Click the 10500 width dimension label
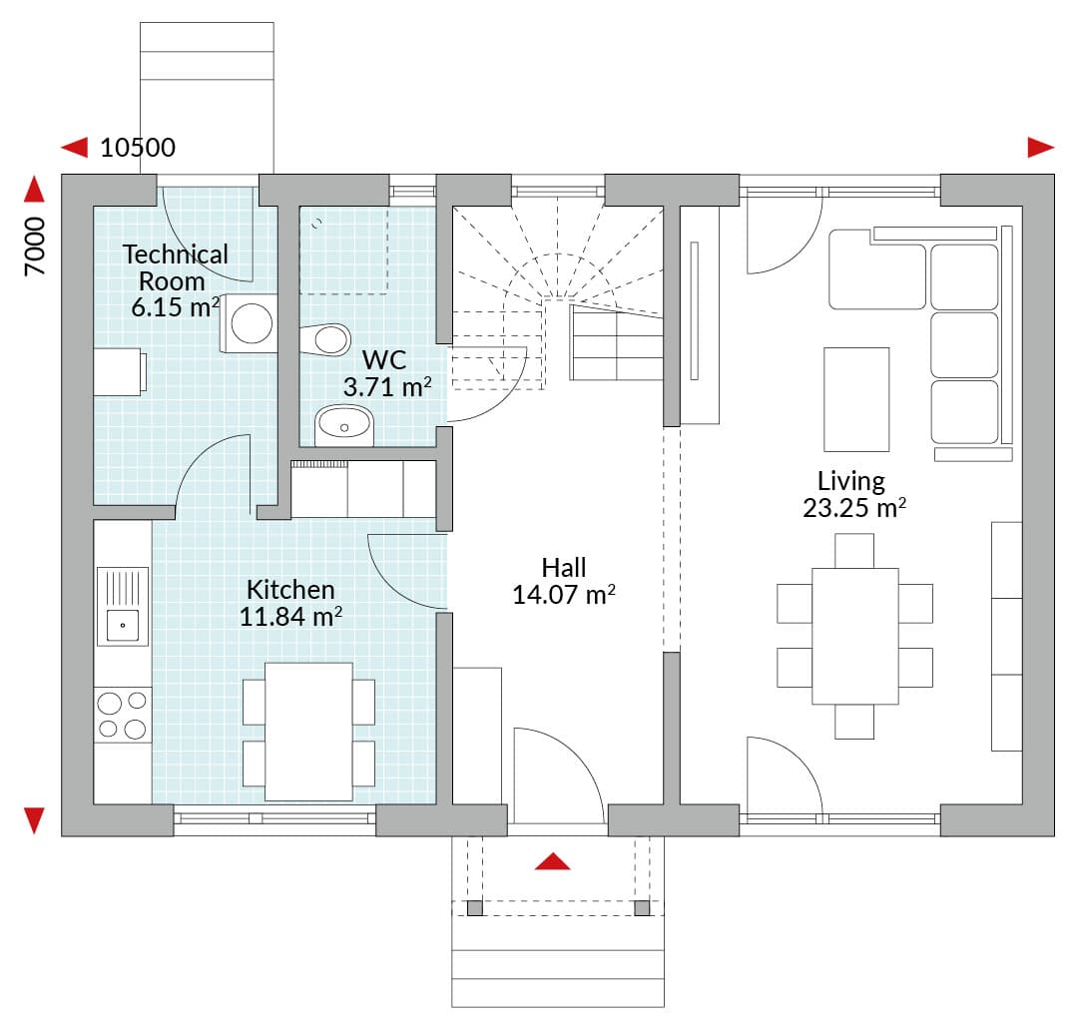(138, 147)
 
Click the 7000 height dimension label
(34, 247)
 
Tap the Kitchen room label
(290, 590)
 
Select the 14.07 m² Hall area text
(564, 595)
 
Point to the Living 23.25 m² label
(853, 494)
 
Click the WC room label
(384, 359)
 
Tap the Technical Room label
(176, 267)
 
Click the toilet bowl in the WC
(325, 339)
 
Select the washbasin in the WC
(343, 425)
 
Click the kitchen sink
(123, 606)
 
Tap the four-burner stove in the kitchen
(123, 715)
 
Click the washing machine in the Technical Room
(249, 323)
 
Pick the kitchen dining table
(308, 732)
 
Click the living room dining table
(855, 636)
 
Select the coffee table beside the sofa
(856, 399)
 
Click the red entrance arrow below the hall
(553, 861)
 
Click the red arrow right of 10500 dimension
(1041, 147)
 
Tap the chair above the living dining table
(854, 551)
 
